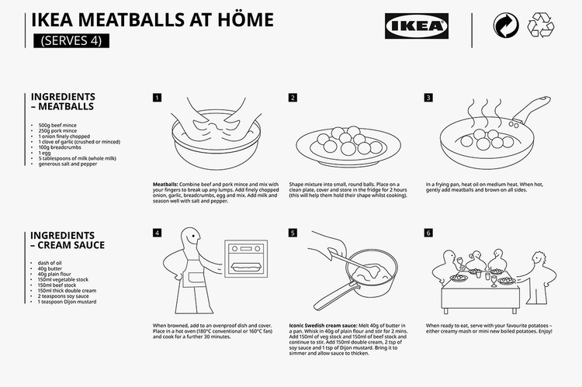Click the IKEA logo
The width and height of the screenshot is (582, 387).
tap(416, 27)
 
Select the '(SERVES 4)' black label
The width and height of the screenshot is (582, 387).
tap(70, 41)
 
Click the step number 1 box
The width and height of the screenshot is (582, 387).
tap(158, 98)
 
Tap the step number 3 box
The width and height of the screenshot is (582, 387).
tap(428, 98)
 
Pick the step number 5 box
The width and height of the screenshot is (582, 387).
tap(293, 233)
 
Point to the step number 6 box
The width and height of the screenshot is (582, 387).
tap(428, 233)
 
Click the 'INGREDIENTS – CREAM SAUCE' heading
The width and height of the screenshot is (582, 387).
tap(67, 240)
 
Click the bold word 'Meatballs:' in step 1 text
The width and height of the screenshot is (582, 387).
tap(167, 185)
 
